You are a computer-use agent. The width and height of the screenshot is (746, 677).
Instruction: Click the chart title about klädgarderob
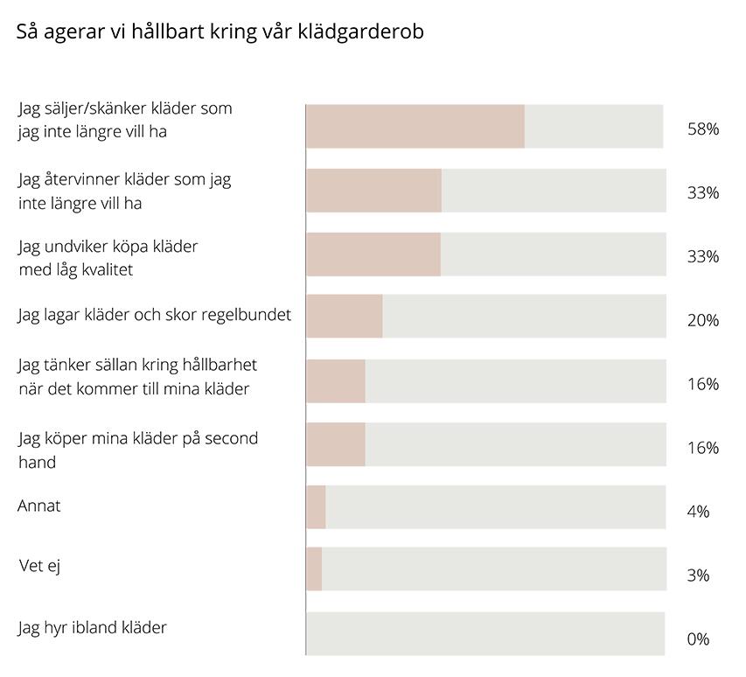point(220,32)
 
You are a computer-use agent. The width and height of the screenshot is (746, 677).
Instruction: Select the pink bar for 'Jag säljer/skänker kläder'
point(415,126)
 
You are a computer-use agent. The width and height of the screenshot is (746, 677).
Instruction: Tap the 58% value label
point(702,129)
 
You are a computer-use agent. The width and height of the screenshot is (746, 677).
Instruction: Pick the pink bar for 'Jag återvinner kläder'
point(373,190)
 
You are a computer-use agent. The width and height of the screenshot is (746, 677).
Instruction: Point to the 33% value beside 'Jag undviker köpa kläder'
point(702,256)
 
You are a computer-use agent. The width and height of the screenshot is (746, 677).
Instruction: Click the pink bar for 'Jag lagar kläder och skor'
point(344,317)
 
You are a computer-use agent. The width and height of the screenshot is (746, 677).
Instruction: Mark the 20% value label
point(702,320)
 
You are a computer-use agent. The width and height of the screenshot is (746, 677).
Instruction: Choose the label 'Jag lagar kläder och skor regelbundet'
point(154,315)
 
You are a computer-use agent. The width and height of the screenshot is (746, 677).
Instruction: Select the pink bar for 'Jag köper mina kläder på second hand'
point(335,444)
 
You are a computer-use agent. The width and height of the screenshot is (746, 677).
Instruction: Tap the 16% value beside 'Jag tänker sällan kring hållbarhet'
point(702,384)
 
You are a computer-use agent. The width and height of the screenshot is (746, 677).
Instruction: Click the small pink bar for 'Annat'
point(316,507)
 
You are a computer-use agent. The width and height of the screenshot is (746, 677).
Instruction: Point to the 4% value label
point(698,512)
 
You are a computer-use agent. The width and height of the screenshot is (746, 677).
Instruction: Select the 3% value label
point(698,576)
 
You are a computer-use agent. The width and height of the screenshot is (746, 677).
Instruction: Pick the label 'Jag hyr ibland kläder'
point(92,627)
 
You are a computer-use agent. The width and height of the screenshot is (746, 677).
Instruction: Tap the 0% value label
point(698,639)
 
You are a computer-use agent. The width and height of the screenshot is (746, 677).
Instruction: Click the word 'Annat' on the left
point(39,506)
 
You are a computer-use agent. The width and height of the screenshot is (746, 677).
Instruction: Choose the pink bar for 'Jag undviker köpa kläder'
point(373,254)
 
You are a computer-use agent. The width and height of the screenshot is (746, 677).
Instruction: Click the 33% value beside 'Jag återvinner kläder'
point(702,192)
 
